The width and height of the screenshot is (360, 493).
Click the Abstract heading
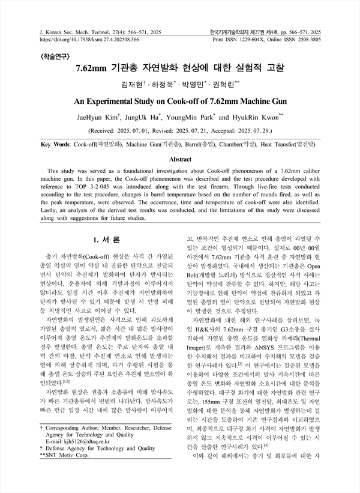click(180, 160)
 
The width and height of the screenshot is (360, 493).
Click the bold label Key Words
click(53, 145)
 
